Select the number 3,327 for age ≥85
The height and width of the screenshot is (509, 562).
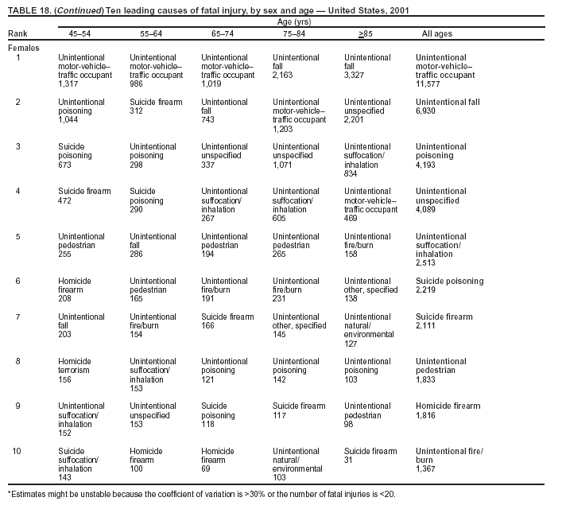(355, 75)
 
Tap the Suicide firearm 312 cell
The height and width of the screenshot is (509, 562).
(155, 107)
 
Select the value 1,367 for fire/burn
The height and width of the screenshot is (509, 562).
(426, 468)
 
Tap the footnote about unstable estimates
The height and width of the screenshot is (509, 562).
(201, 494)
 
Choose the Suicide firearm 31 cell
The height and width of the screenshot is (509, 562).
(370, 456)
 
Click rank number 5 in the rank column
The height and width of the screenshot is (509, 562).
(18, 236)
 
